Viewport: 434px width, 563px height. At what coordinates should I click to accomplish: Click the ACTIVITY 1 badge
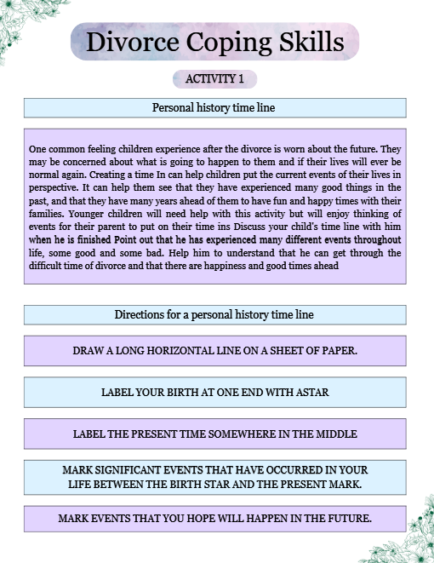pyautogui.click(x=214, y=79)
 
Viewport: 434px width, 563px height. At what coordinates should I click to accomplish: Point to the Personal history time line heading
pyautogui.click(x=214, y=108)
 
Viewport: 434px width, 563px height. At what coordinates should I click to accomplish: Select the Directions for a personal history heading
pyautogui.click(x=214, y=315)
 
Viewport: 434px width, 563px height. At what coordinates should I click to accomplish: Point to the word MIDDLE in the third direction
pyautogui.click(x=334, y=434)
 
